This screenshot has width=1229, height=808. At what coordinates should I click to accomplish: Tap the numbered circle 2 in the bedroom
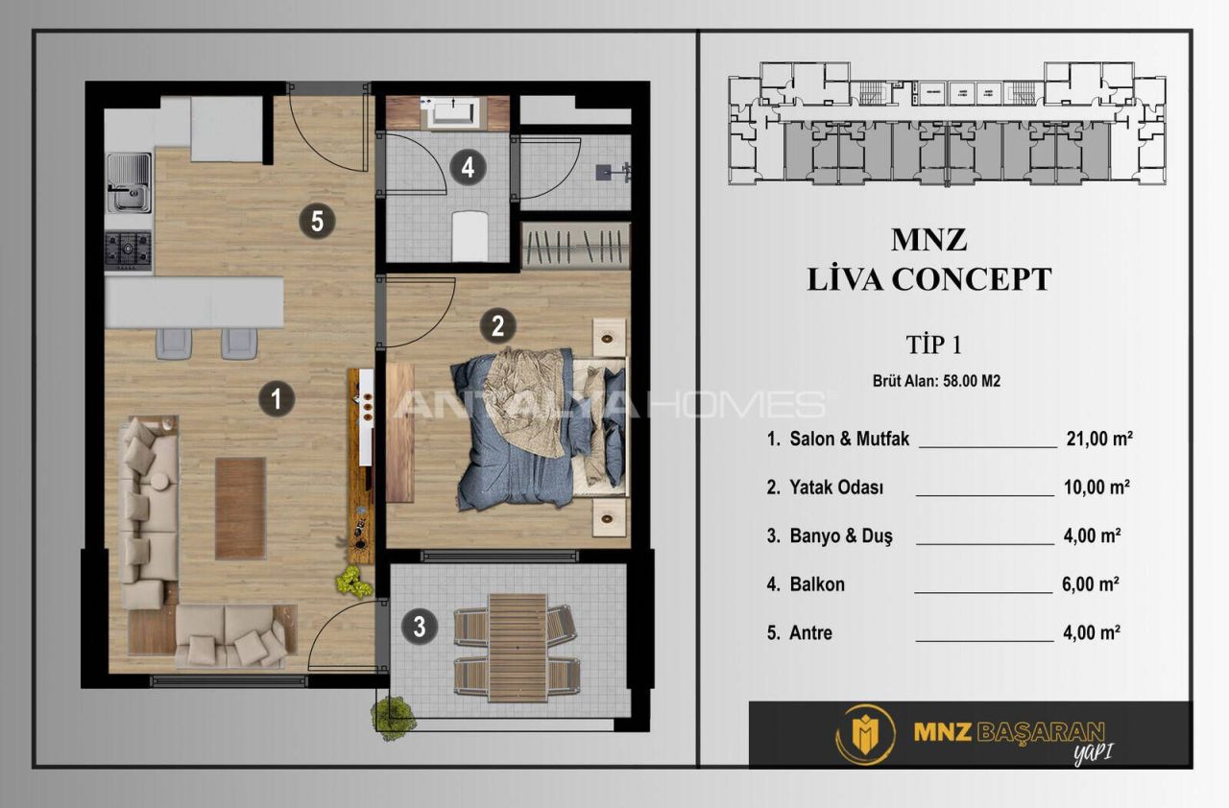tap(497, 326)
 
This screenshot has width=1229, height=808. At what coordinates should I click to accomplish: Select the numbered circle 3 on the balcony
tap(419, 628)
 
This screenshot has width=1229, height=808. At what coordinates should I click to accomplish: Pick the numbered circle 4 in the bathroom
tap(468, 168)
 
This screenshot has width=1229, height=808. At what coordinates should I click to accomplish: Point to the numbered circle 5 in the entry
tap(317, 223)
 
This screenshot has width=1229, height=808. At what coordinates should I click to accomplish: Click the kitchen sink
tap(128, 183)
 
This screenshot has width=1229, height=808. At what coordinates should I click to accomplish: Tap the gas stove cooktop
tap(128, 248)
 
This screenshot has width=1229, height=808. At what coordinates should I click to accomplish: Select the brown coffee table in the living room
tap(240, 508)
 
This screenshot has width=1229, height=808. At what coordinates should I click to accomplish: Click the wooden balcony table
tap(517, 648)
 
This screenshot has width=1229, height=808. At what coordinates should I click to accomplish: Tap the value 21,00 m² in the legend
tap(1099, 439)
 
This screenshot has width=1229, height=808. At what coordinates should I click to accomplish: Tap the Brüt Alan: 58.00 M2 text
tap(936, 381)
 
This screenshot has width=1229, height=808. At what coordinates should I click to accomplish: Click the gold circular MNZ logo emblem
tap(865, 734)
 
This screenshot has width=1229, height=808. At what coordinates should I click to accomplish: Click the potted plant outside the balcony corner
tap(395, 716)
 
